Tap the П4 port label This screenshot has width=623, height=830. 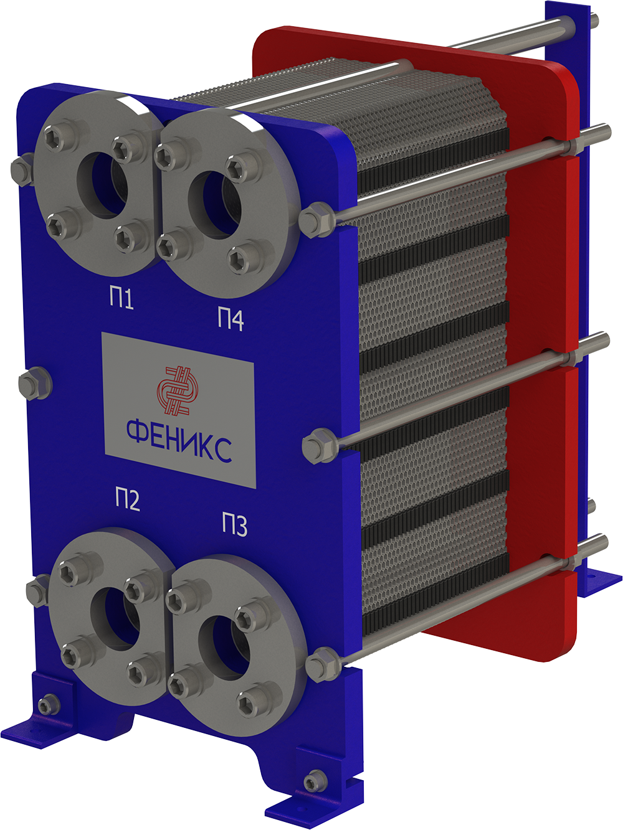tap(231, 319)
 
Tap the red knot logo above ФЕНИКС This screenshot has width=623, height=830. tap(178, 390)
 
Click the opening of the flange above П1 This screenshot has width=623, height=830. tap(103, 186)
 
